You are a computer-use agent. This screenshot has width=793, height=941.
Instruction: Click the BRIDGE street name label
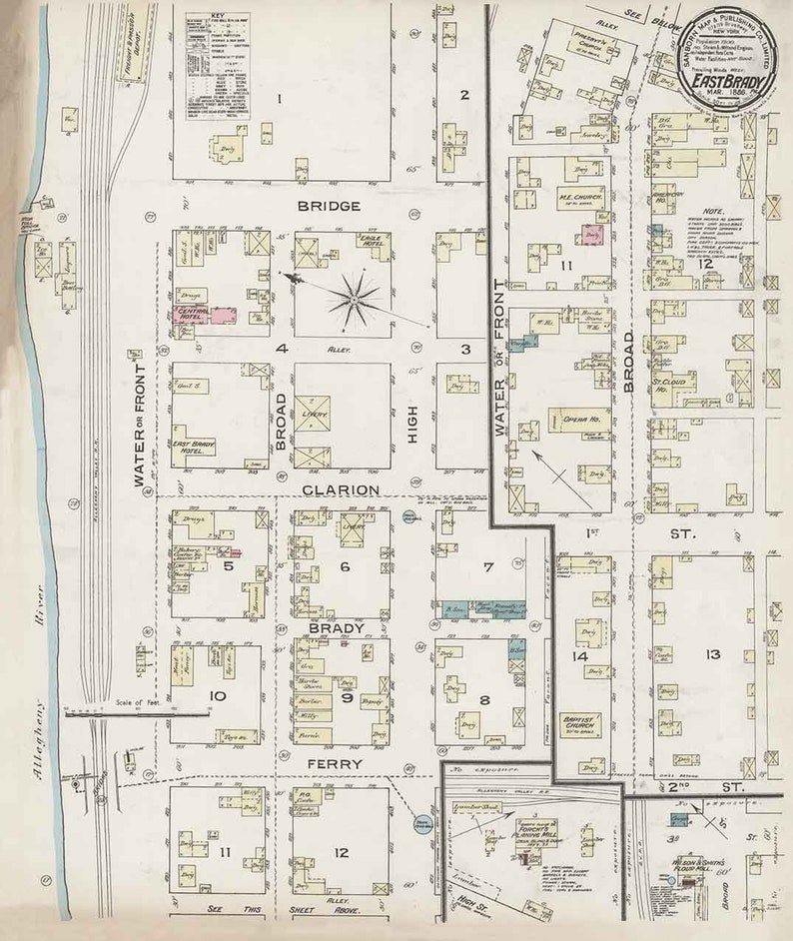pos(328,206)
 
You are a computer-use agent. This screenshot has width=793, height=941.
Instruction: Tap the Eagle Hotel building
pos(372,241)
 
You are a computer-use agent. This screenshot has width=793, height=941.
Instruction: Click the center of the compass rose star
pos(355,297)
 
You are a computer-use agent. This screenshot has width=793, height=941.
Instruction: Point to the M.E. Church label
pos(576,200)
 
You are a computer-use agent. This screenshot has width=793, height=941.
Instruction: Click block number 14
pos(579,656)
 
